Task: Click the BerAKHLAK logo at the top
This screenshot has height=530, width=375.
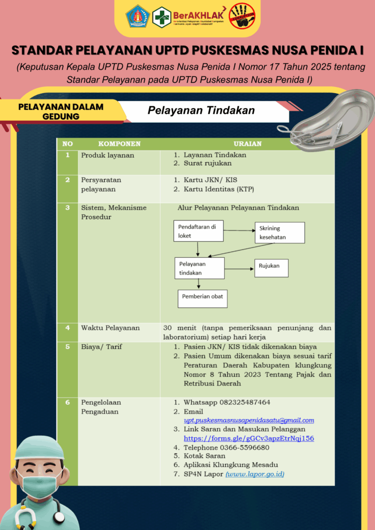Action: [x=200, y=16]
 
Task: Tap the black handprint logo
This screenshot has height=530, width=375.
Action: [x=242, y=17]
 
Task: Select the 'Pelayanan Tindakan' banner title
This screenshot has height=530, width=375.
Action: [x=201, y=110]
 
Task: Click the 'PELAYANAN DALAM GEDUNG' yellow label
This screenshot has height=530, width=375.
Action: [x=61, y=111]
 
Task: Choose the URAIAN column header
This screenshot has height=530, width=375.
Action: [x=247, y=143]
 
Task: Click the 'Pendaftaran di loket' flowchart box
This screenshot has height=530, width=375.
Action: [x=198, y=231]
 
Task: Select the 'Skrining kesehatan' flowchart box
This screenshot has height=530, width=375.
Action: [x=279, y=233]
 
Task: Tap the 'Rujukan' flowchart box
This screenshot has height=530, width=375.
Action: [x=270, y=267]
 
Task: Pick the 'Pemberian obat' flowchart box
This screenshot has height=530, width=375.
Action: [x=203, y=298]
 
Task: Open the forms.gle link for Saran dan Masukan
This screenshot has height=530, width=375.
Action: [x=249, y=438]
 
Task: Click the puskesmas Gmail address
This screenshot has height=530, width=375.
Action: [x=249, y=420]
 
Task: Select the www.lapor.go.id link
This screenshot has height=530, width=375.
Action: [x=255, y=474]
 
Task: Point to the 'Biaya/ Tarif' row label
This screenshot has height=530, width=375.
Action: [x=102, y=347]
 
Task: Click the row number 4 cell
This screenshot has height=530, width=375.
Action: [x=67, y=328]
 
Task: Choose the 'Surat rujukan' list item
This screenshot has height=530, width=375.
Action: [x=208, y=164]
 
